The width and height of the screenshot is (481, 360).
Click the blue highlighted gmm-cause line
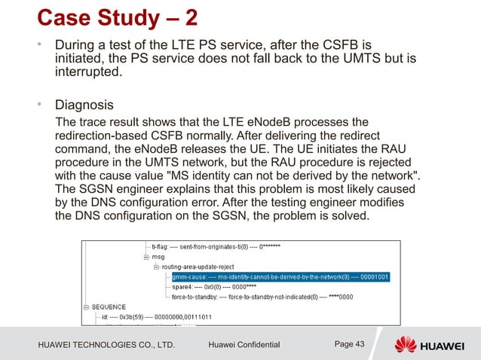279,276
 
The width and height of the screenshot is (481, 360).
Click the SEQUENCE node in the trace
110,307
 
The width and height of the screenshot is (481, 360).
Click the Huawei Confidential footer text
243,345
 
